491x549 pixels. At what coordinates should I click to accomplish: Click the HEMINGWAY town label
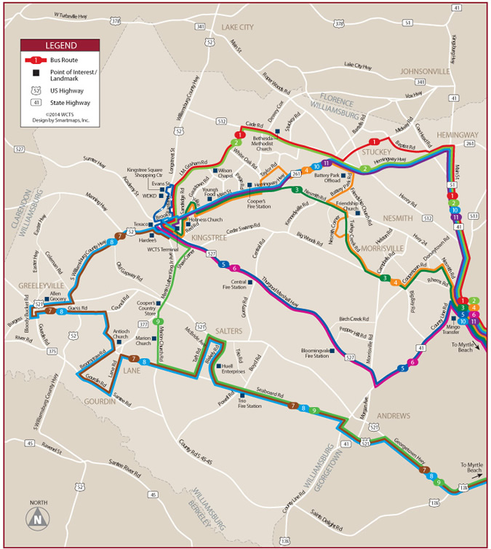(x=458, y=135)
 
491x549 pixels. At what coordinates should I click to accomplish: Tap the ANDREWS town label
(x=393, y=416)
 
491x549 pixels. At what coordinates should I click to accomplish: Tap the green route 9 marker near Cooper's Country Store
(x=158, y=320)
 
